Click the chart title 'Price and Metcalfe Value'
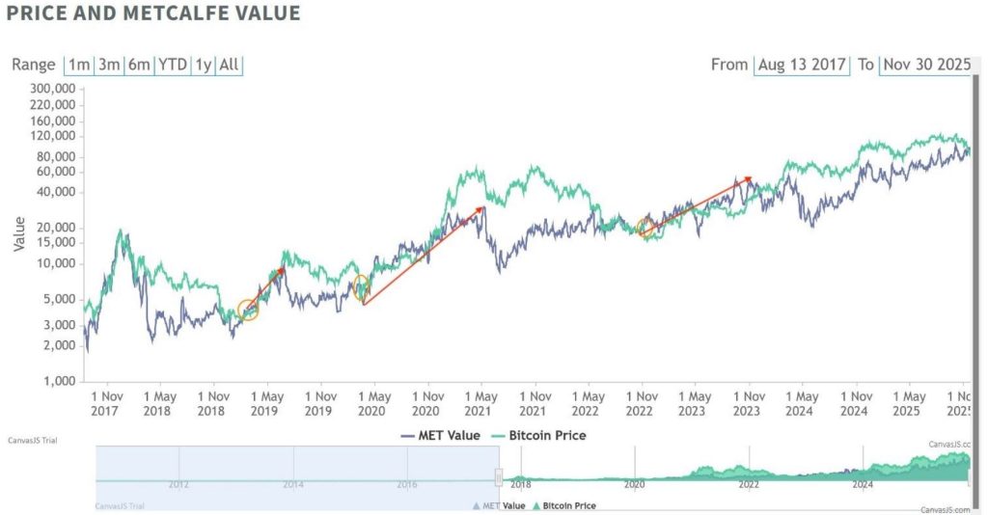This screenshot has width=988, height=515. point(153,14)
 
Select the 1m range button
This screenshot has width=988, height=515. point(78,65)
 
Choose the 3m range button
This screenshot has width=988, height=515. point(109,65)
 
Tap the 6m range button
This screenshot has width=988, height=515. point(140,65)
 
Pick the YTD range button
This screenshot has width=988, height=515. point(173,65)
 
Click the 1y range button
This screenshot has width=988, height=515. point(204,65)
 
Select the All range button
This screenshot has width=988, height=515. point(230,65)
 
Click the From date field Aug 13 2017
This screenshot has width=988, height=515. point(802,65)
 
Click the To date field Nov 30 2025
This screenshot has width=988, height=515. point(924,65)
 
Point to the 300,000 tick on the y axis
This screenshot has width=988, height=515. point(53,88)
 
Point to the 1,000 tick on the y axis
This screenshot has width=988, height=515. point(60,381)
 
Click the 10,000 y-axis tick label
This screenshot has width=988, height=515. point(56,263)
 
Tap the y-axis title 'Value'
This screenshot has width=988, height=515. point(18,234)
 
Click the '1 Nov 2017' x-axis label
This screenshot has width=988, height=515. point(106,403)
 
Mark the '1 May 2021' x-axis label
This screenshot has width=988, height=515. point(479,403)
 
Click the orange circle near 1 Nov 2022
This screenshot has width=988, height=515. point(645,228)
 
